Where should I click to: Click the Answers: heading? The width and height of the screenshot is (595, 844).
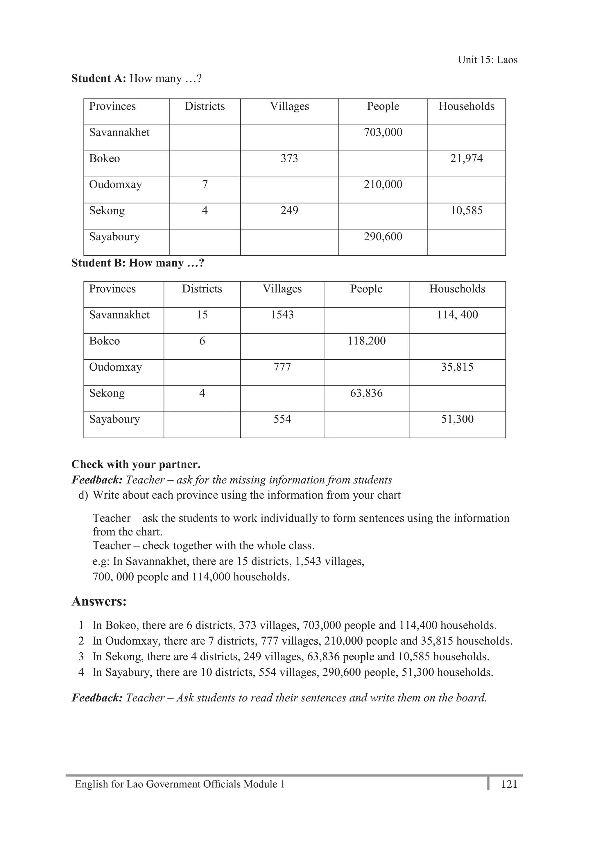99,601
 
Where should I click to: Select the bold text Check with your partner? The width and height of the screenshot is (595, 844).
136,464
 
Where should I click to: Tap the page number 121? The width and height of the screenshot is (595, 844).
509,784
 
